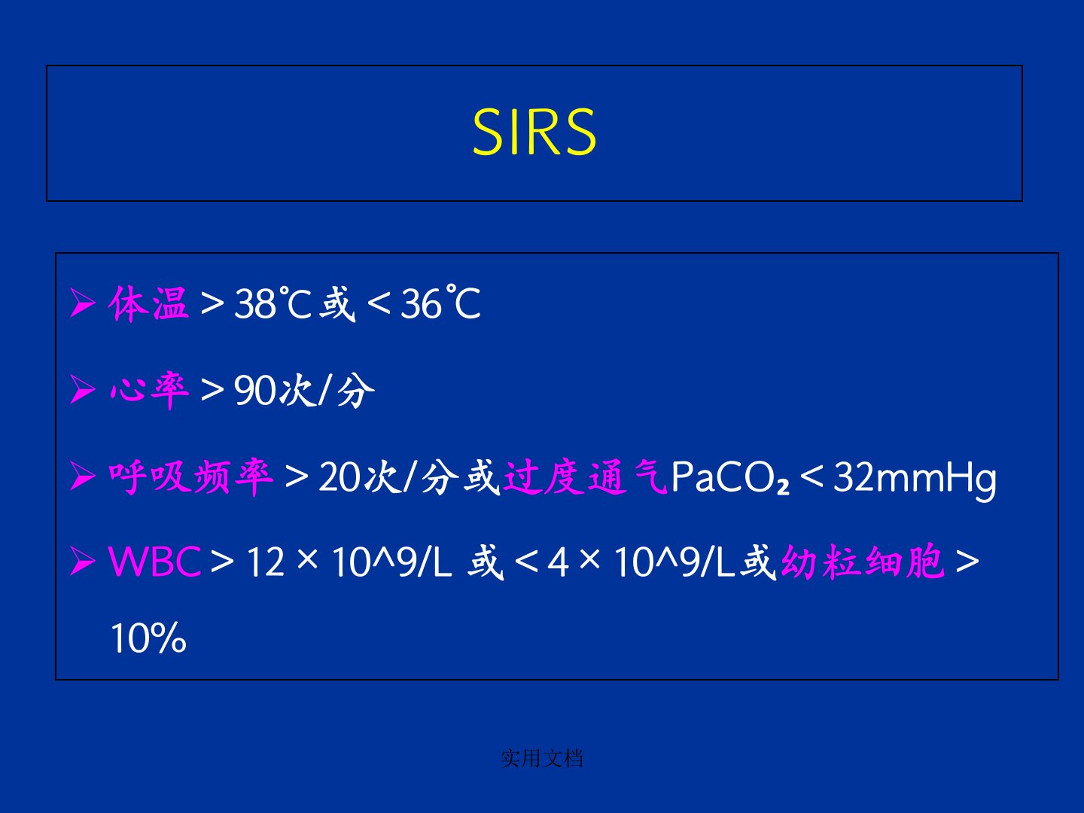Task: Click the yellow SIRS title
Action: [x=534, y=132]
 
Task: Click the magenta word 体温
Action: [x=148, y=303]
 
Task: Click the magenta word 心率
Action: [x=148, y=391]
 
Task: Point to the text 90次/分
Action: [x=304, y=391]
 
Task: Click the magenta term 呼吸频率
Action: [x=191, y=477]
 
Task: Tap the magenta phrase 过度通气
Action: [x=585, y=477]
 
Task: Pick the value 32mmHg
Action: [x=915, y=480]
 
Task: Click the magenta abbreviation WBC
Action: [x=154, y=562]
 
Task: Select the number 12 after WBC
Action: [x=266, y=562]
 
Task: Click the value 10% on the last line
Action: [x=148, y=638]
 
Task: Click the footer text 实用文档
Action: [x=542, y=758]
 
